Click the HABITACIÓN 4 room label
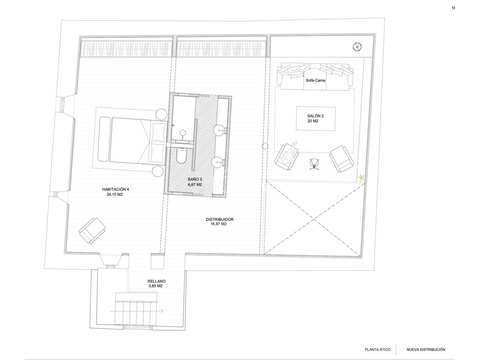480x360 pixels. click(115, 189)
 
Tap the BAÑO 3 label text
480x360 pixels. click(195, 179)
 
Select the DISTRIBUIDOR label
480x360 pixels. click(219, 219)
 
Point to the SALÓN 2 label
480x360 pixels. click(315, 116)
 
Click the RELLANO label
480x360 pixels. click(156, 281)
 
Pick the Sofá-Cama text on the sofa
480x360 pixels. click(315, 80)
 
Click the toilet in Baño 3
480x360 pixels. click(181, 155)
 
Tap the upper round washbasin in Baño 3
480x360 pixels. click(219, 130)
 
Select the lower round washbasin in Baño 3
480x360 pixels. click(217, 162)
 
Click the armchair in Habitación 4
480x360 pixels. click(92, 230)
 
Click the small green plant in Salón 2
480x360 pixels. click(361, 177)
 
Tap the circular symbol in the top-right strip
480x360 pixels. click(357, 47)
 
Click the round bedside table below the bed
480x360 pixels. click(158, 171)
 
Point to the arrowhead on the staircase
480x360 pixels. click(162, 311)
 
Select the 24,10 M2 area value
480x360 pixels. click(115, 194)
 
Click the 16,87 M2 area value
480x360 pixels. click(219, 224)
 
